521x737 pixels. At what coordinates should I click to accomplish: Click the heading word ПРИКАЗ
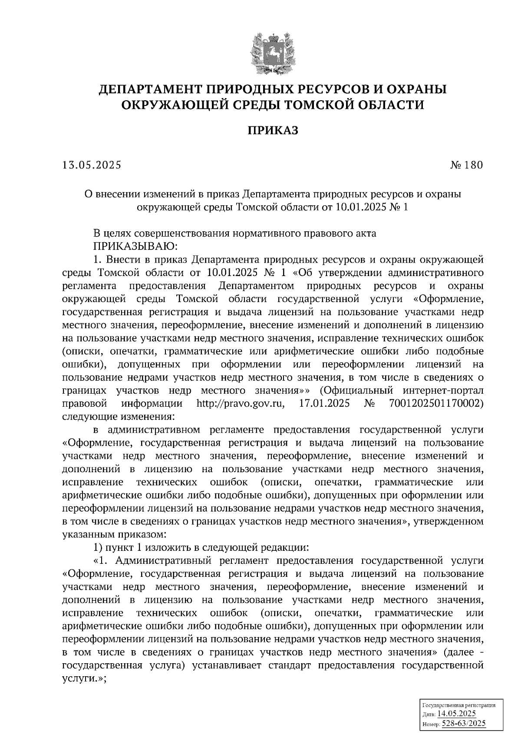click(x=273, y=130)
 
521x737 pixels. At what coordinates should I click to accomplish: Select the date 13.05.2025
click(x=92, y=165)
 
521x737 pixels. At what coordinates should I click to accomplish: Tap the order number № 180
click(x=466, y=165)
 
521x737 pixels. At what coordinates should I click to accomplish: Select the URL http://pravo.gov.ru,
click(x=241, y=404)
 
